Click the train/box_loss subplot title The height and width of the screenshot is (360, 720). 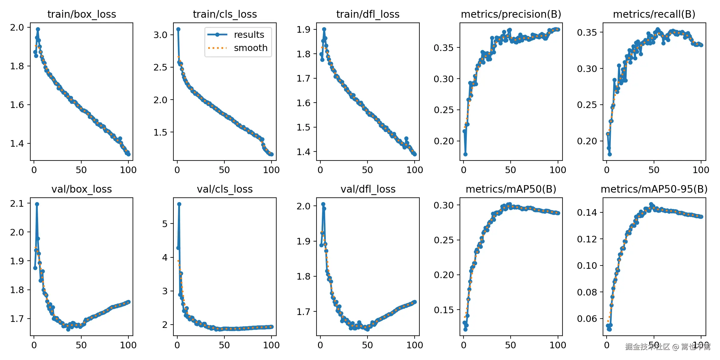point(82,14)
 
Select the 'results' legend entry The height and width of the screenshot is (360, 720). point(249,35)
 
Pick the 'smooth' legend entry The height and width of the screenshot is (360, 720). point(250,48)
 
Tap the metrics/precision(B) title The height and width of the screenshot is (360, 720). point(511,14)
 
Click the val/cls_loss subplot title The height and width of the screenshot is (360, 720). point(225,189)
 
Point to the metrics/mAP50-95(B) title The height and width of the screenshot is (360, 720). point(654,189)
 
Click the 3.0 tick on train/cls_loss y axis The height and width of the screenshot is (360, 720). point(160,35)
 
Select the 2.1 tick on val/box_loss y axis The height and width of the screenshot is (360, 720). point(17,204)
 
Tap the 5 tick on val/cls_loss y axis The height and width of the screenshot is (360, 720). point(165,224)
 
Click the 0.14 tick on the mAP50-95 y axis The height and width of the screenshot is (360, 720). point(587,213)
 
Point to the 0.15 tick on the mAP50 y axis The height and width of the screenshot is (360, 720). point(443,310)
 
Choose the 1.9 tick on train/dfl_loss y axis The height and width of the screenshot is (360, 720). point(303,29)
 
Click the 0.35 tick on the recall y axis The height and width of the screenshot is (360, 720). point(587,32)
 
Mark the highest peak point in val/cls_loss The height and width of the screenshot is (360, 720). point(179,204)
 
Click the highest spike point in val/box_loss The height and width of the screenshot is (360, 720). point(37,204)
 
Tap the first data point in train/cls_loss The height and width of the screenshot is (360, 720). point(178,29)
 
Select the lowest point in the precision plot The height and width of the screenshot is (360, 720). point(465,154)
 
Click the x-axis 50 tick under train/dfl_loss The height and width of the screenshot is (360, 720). point(367,170)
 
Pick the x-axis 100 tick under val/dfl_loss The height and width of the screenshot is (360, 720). point(415,345)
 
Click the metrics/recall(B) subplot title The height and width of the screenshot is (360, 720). point(654,14)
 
